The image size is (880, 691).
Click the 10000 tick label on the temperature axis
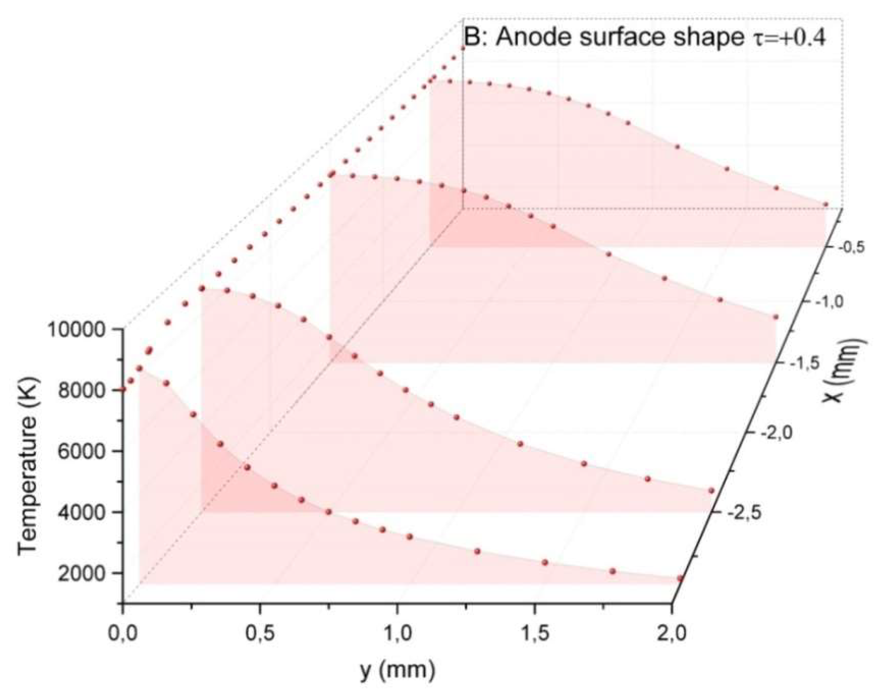point(77,330)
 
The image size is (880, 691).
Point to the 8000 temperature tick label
point(83,391)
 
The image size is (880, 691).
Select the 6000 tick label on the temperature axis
point(83,452)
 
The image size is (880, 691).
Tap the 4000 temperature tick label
point(83,513)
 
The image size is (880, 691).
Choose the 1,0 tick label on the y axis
point(397,633)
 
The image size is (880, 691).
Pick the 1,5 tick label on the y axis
point(535,633)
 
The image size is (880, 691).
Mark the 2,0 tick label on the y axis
point(672,633)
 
